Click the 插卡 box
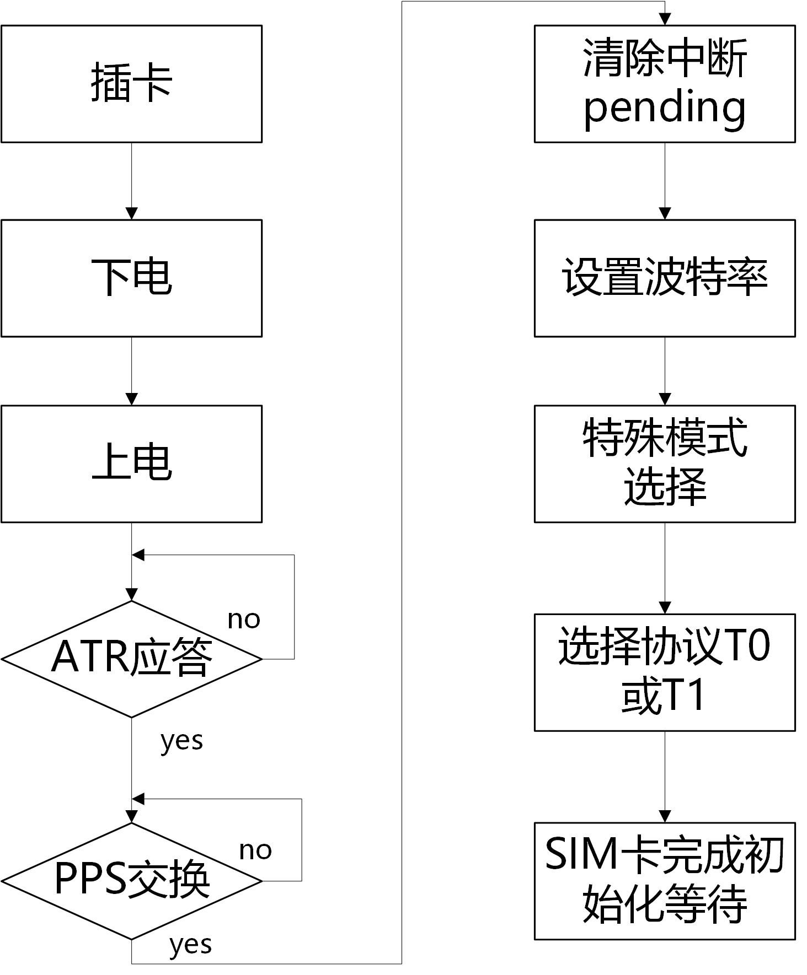click(131, 84)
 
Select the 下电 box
click(131, 278)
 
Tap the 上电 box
click(131, 464)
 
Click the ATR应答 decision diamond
click(131, 659)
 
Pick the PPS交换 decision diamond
click(131, 881)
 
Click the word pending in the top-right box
click(665, 109)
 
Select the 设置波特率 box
click(665, 278)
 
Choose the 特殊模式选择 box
click(665, 464)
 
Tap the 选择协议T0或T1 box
click(665, 672)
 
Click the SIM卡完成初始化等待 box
click(665, 881)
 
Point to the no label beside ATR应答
click(244, 620)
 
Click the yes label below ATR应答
click(181, 741)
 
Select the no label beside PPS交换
click(255, 850)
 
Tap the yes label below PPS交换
click(190, 945)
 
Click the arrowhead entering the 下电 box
click(131, 213)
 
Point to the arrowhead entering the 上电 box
click(131, 399)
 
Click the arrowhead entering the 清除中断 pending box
click(665, 19)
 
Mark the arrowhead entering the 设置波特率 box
click(665, 213)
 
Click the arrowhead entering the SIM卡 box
click(665, 816)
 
